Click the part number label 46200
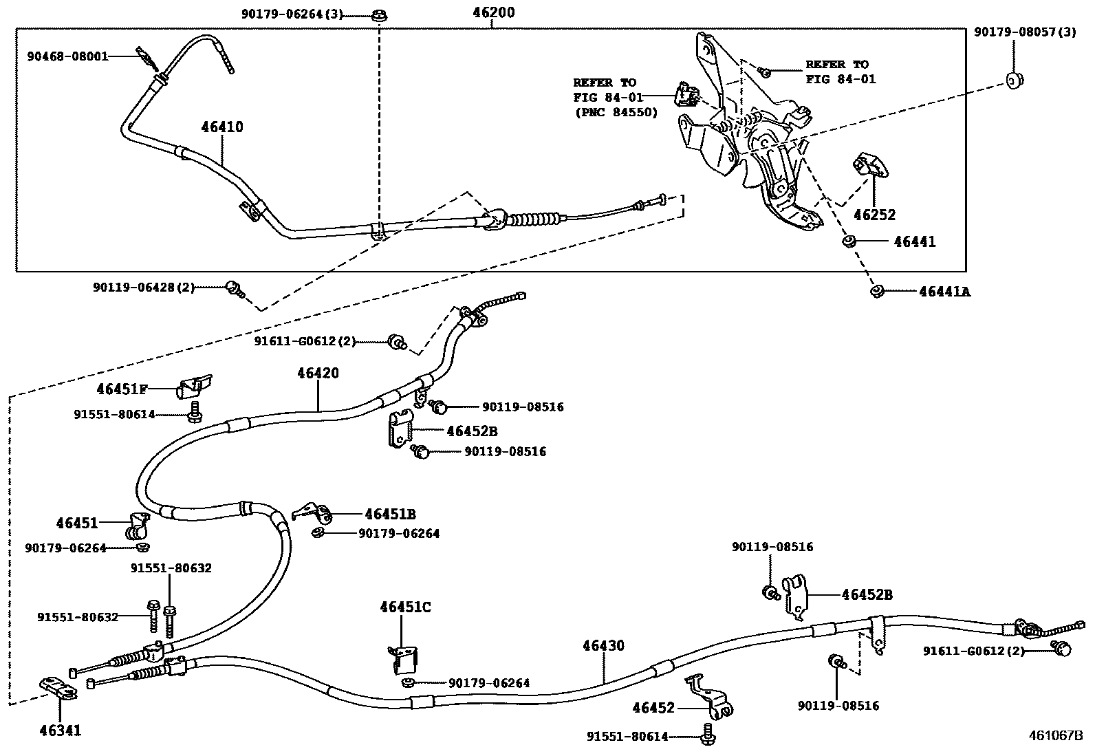pos(493,12)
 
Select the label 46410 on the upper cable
pos(222,127)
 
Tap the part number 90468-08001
pos(67,56)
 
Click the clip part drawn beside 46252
pos(869,166)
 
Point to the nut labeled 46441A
pos(876,292)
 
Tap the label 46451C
pos(406,607)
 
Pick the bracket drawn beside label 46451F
pos(195,387)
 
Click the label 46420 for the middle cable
pos(318,373)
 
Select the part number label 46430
pos(603,646)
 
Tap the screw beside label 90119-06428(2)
pos(233,289)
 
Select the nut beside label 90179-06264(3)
pos(379,14)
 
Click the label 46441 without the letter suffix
pos(915,242)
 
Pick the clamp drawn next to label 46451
pos(138,526)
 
